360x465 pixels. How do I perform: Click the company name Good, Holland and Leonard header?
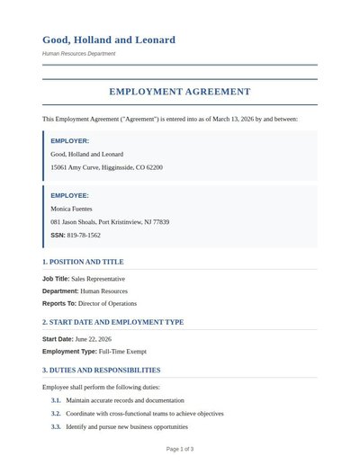point(108,40)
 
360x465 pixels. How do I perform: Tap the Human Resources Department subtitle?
point(78,54)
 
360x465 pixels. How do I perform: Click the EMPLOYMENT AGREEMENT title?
point(180,92)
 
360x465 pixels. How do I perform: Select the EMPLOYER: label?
point(69,141)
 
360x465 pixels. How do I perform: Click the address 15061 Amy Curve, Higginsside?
point(106,167)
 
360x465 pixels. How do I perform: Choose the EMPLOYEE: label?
point(69,195)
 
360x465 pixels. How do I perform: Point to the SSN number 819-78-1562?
point(84,235)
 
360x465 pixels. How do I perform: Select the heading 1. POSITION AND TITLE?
point(83,262)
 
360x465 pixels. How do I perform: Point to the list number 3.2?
point(56,414)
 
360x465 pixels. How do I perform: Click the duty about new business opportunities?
point(127,426)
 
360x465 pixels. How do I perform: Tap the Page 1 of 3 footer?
point(180,448)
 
